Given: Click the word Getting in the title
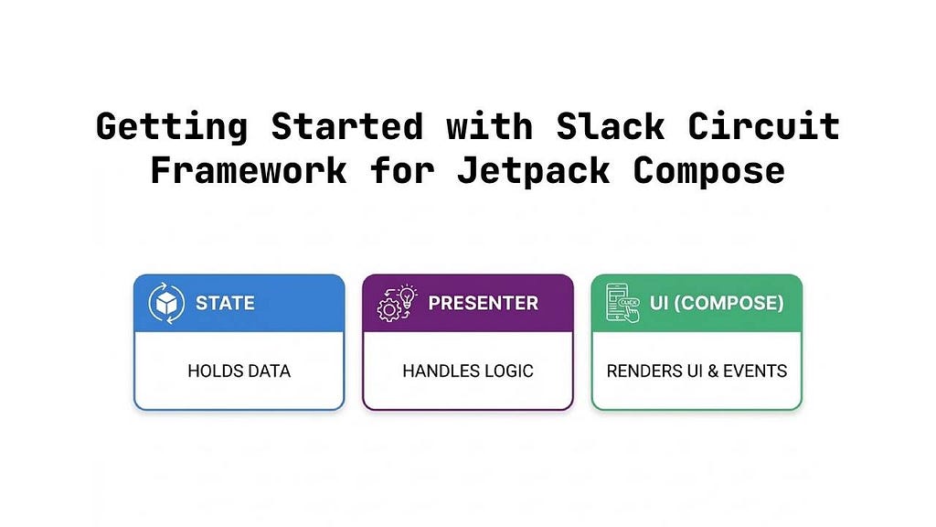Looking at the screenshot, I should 171,125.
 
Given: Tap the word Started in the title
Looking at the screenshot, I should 346,125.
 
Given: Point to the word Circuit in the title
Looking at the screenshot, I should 763,125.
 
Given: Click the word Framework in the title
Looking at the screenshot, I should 248,170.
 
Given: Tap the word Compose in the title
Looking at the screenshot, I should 709,170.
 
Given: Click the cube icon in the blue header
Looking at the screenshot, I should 165,303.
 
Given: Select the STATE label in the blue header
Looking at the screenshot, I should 225,303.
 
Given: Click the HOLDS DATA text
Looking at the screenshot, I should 239,371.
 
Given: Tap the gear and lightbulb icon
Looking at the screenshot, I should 397,303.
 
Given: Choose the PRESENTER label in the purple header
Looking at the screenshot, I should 483,303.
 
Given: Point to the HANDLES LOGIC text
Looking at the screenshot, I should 467,371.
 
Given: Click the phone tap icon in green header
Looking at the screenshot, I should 623,303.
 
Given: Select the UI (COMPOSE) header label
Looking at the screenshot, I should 716,303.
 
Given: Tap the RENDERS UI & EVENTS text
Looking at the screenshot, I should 697,371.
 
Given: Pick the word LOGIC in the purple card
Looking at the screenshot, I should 508,371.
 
